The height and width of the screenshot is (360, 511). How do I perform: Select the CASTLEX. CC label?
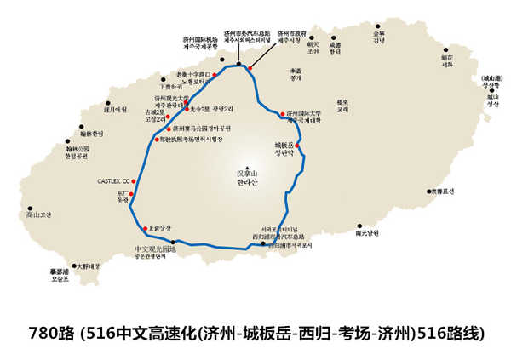point(114,181)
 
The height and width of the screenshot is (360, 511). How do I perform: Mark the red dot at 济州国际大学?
point(283,113)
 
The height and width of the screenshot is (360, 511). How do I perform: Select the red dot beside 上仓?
point(144,229)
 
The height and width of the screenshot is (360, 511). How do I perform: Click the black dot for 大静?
point(74,266)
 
